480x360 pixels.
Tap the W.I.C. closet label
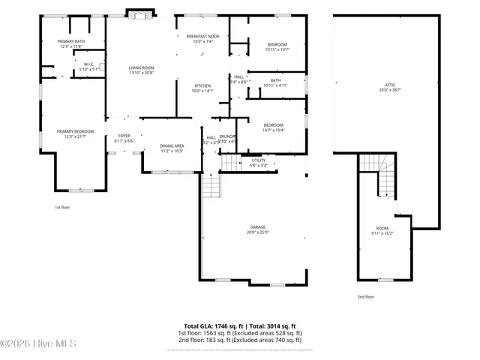88,64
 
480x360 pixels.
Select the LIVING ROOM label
141,68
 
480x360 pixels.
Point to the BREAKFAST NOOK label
203,37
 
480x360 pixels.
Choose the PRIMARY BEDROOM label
75,131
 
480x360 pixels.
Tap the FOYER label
124,136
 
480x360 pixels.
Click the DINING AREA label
172,145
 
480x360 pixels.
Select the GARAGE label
258,227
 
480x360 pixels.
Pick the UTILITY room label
258,160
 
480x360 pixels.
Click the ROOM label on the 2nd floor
382,227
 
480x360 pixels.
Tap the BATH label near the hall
275,80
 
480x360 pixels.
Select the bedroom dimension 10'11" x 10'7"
277,50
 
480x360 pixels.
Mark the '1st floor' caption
63,207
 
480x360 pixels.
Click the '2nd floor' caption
366,297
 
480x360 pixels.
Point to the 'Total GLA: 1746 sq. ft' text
214,326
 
